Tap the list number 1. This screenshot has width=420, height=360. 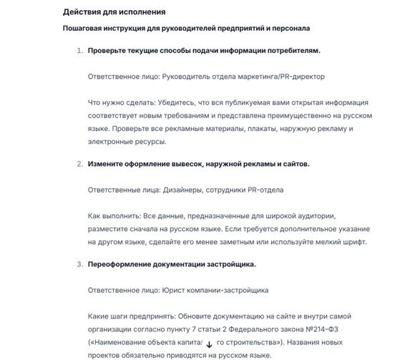click(x=79, y=51)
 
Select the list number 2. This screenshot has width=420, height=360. click(x=79, y=164)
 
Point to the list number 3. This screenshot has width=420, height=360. click(x=79, y=264)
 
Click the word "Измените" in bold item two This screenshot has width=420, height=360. click(x=107, y=164)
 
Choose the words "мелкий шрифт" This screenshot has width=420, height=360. click(x=343, y=242)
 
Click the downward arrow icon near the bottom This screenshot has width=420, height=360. click(x=209, y=344)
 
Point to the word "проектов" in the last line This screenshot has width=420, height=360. click(x=104, y=355)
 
